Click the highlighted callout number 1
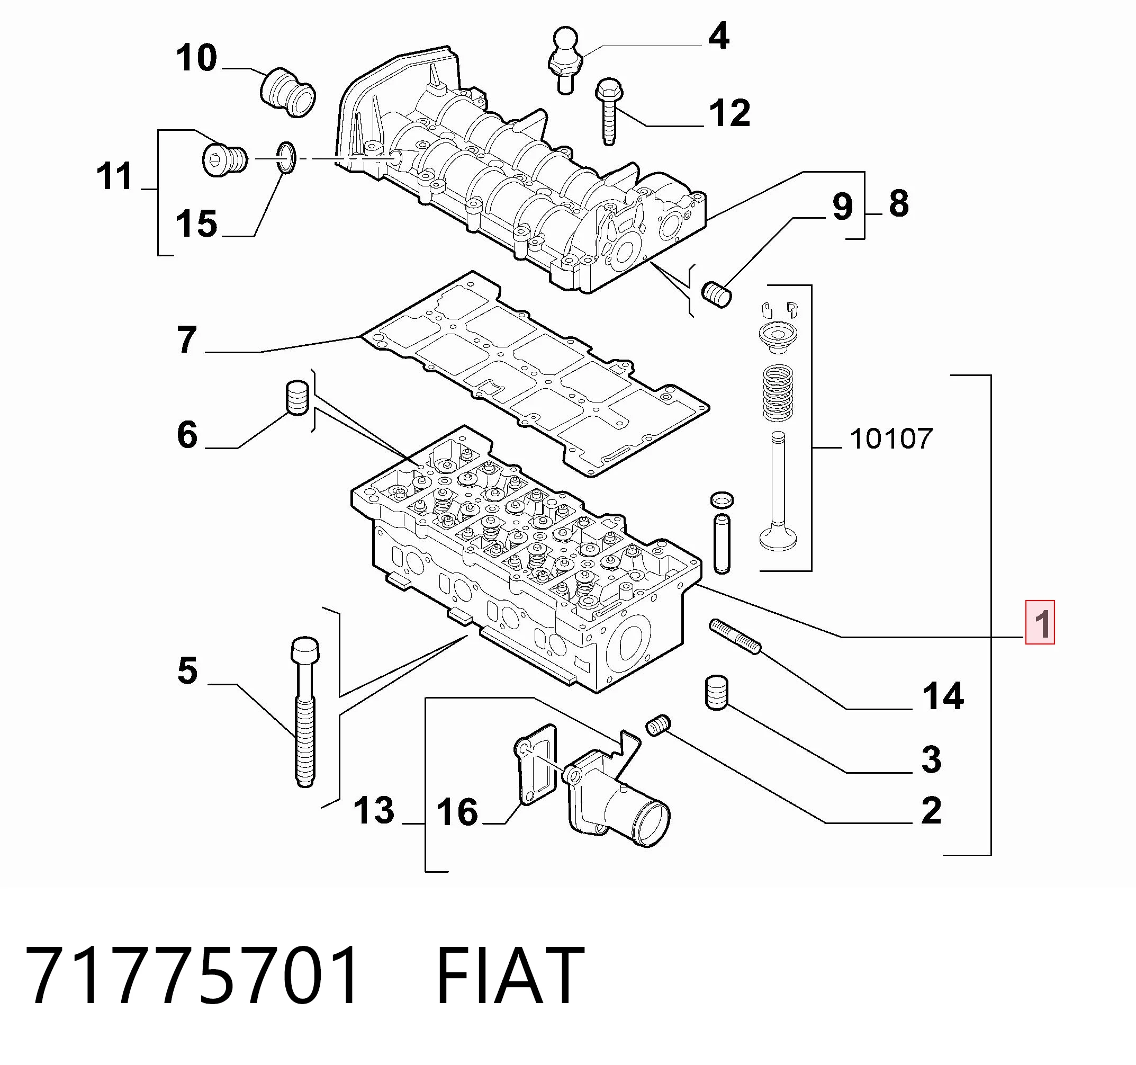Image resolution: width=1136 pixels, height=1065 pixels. point(1040,623)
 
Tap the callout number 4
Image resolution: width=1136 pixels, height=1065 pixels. point(718,36)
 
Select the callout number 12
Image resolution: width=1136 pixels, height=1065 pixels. point(729,113)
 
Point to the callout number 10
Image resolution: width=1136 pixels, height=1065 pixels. point(196,58)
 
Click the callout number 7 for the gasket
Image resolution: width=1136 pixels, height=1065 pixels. point(187,339)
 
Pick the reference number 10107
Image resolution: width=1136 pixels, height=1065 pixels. point(891,439)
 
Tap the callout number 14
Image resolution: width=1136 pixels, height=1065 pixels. point(943,696)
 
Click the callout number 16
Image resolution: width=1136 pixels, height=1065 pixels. point(457,812)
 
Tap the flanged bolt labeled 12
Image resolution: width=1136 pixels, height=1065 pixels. point(609,111)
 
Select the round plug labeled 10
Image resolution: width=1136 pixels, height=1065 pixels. point(288,93)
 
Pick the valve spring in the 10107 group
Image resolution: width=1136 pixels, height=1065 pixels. point(778,393)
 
